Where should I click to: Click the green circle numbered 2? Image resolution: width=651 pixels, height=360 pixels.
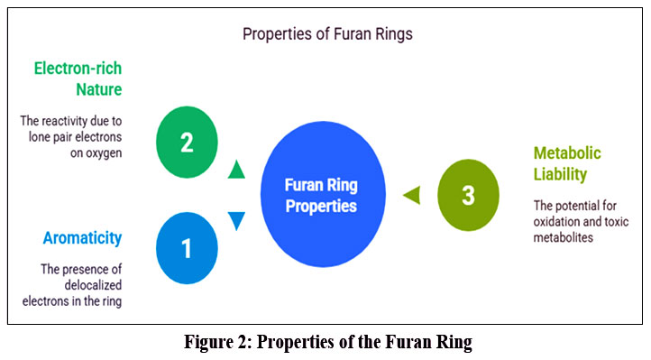(x=187, y=142)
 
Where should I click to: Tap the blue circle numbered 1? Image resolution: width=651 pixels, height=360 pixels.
(x=187, y=248)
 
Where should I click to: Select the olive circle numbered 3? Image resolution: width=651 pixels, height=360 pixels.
(x=468, y=194)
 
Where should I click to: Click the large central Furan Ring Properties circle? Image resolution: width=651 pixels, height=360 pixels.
(x=322, y=195)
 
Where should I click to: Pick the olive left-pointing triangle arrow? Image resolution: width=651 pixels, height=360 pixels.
(x=410, y=194)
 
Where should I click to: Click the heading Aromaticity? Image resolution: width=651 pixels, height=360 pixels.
(x=82, y=238)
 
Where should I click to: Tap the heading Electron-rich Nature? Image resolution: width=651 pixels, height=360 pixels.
(x=78, y=78)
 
